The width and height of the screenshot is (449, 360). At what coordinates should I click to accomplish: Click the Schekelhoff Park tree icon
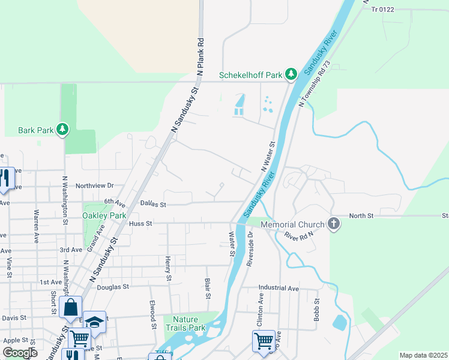point(291,74)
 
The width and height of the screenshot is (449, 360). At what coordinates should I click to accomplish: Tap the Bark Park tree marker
point(62,129)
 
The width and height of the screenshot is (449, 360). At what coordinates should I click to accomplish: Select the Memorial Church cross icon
point(334,224)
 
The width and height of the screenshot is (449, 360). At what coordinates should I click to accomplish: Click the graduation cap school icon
point(95,322)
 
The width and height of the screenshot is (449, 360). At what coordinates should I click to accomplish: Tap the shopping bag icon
point(70,307)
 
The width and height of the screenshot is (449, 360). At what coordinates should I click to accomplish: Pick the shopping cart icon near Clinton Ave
point(264,341)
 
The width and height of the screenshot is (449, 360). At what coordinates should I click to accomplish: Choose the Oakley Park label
point(104,215)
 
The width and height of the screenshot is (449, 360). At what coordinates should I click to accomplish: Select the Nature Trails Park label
point(189,323)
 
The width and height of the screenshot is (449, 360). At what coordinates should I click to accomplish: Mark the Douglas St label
point(113,287)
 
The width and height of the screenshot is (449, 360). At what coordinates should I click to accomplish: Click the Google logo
point(19,353)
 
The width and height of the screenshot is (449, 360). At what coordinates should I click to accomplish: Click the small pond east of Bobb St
point(339,322)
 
